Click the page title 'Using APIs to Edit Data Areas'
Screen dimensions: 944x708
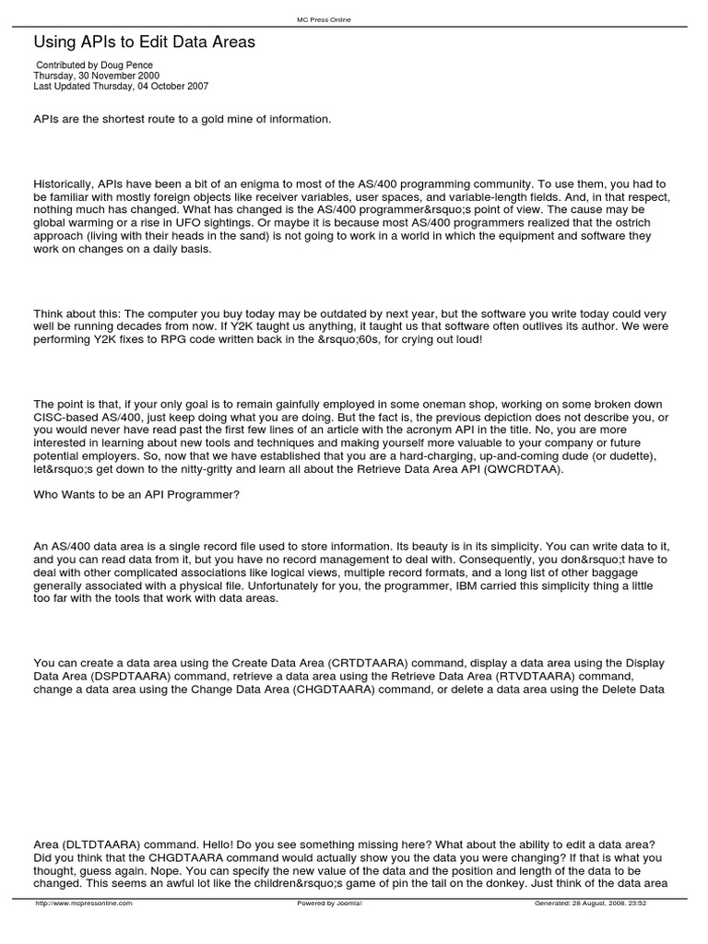click(x=145, y=42)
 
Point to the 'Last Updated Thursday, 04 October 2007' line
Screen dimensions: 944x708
click(x=121, y=87)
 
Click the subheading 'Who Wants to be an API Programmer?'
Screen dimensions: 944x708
click(x=136, y=495)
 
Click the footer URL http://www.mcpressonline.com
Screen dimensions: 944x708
click(x=83, y=903)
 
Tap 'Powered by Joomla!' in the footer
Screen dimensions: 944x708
click(x=329, y=903)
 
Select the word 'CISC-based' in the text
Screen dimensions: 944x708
click(x=65, y=417)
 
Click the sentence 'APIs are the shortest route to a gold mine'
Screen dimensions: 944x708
click(x=182, y=119)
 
